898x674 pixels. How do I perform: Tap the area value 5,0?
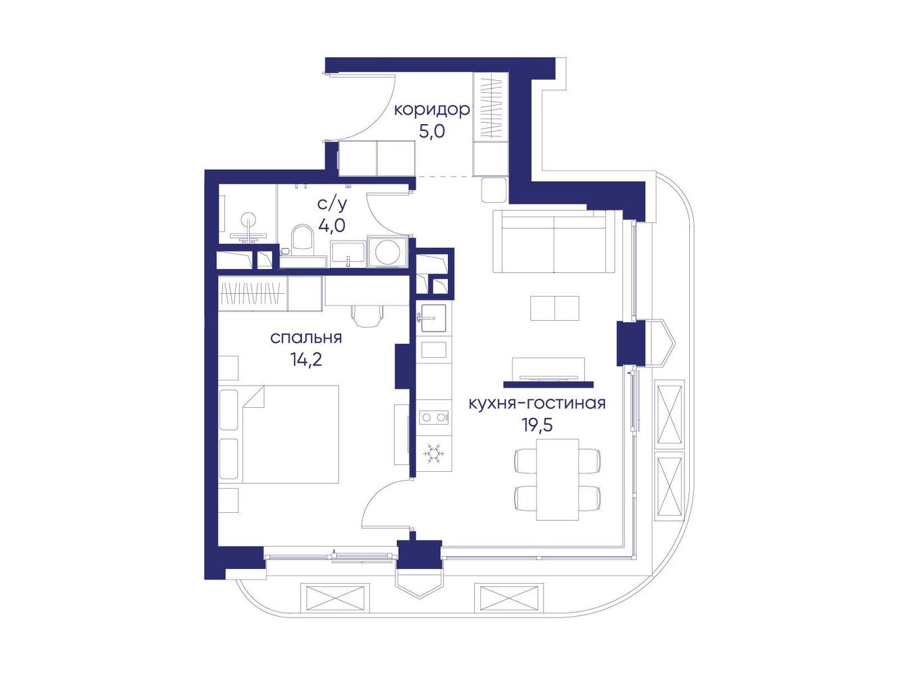[432, 132]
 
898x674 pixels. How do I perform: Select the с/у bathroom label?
[332, 204]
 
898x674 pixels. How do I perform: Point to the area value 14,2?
[306, 359]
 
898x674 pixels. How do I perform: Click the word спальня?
[306, 338]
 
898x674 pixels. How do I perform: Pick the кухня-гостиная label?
[537, 404]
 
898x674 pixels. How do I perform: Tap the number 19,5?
[537, 425]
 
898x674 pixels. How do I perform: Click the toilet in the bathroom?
[302, 237]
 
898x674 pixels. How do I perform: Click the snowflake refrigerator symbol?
[434, 453]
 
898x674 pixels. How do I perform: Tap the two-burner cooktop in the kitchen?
[434, 418]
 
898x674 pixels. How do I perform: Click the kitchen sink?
[433, 318]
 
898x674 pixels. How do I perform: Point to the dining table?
[557, 479]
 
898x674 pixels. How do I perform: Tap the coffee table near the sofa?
[554, 308]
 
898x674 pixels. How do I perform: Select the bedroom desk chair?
[368, 316]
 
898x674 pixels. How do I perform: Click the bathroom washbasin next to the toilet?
[348, 253]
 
